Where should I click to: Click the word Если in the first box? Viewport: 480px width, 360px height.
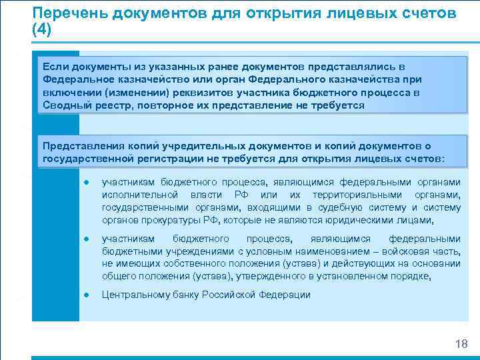[x=54, y=67]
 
